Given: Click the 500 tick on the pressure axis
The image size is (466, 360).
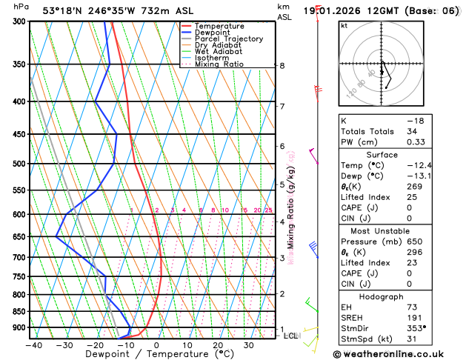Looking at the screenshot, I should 16,164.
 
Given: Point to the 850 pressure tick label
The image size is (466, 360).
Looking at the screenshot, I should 16,311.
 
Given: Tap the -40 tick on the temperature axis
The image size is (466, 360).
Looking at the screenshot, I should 33,344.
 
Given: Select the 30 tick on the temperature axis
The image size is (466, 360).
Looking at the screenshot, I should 249,344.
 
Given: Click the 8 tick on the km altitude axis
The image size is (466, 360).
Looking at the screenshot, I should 282,66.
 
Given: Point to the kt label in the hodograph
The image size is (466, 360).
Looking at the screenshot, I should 344,24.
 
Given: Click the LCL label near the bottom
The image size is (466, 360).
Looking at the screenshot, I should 291,336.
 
